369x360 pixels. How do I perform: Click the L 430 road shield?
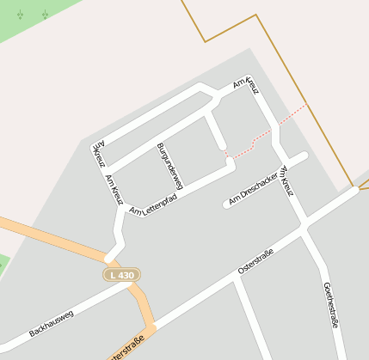(x=121, y=275)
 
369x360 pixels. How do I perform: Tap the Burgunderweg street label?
(x=169, y=165)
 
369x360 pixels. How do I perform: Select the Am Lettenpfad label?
(x=153, y=204)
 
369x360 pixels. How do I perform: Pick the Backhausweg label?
(x=52, y=323)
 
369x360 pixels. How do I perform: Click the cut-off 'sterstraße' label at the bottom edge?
(x=126, y=352)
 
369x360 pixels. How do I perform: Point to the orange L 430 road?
(x=52, y=235)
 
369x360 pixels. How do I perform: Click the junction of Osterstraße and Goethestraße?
(x=304, y=227)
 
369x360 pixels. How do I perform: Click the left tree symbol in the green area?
(x=20, y=15)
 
